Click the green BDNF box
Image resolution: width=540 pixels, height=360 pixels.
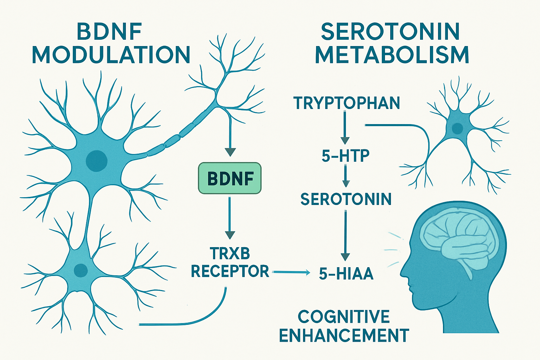click(x=230, y=178)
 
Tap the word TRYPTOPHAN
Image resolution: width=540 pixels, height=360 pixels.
click(x=347, y=103)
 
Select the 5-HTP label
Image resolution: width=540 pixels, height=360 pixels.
click(x=346, y=156)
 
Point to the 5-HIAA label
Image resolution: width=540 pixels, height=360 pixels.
click(x=346, y=274)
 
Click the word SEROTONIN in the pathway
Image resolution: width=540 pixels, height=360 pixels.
click(x=346, y=199)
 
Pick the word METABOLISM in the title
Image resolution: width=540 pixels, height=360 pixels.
click(x=392, y=55)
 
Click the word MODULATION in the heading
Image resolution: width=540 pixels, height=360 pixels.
click(x=111, y=55)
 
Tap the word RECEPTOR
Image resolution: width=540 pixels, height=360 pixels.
click(x=230, y=271)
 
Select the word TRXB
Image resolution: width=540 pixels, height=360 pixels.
click(x=230, y=253)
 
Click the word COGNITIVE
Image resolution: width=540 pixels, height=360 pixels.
click(x=344, y=317)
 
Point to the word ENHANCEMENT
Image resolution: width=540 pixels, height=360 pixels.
click(x=344, y=335)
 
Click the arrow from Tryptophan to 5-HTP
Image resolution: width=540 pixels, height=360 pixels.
click(x=345, y=127)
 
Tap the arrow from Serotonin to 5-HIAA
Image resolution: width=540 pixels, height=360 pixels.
click(x=346, y=236)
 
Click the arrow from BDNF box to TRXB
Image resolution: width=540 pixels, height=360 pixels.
click(x=230, y=218)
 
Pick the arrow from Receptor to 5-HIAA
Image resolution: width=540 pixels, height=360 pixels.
click(x=291, y=272)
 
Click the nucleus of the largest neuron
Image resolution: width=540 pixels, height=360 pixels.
click(x=97, y=161)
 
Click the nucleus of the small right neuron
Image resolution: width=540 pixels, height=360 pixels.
click(x=457, y=128)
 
